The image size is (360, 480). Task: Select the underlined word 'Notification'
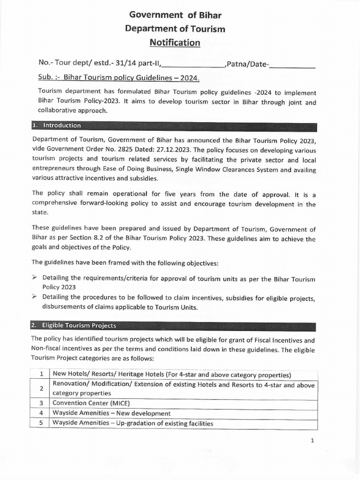pos(175,43)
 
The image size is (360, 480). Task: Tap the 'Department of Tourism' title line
pos(175,29)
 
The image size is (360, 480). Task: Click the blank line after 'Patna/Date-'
pos(292,65)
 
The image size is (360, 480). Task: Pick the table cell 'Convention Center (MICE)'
pos(91,403)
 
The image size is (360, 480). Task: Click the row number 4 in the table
pos(41,413)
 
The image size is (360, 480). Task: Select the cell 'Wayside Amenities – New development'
pos(112,413)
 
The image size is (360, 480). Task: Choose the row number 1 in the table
pos(41,375)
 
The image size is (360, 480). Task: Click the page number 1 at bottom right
pos(312,441)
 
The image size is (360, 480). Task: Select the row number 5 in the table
pos(41,424)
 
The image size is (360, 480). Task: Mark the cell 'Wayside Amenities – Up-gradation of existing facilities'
pos(133,424)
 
